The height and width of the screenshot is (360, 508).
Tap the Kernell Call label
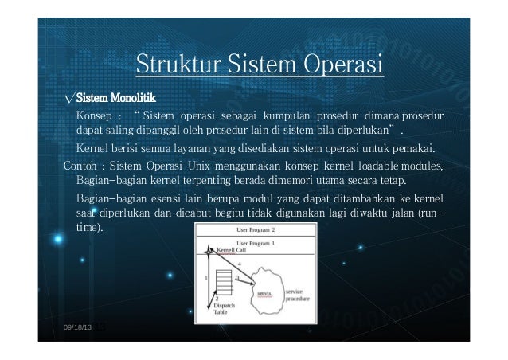231,249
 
